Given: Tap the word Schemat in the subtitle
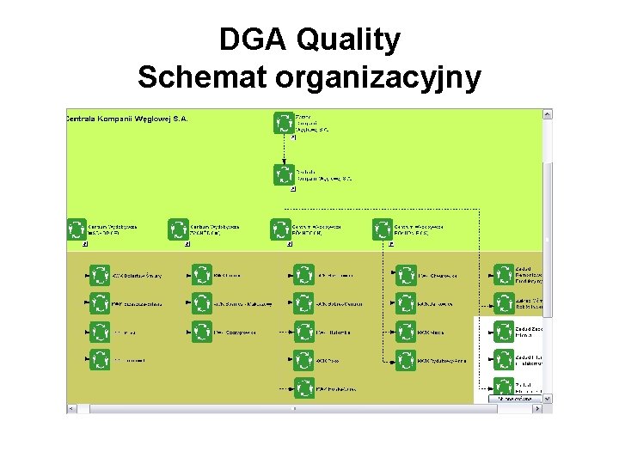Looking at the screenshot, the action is pos(203,77).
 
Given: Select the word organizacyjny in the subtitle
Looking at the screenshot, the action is pos(378,77).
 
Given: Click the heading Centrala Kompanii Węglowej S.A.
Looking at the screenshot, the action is pos(127,119).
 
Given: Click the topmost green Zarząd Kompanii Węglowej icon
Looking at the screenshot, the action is pos(284,123).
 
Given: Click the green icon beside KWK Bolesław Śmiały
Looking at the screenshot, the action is pos(101,275).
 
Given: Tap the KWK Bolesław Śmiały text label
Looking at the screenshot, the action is pos(138,276).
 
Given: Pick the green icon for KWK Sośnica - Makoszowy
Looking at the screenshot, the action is pos(202,302).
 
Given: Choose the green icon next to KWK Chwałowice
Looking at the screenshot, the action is pos(406,275).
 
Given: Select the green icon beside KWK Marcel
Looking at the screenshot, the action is pos(406,332).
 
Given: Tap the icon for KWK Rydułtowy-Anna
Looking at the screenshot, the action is pos(406,360).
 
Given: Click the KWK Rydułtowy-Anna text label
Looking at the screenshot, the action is pos(442,361).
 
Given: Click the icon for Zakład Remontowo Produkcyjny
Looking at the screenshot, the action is pos(504,275).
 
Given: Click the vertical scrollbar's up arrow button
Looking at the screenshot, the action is pos(548,113).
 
